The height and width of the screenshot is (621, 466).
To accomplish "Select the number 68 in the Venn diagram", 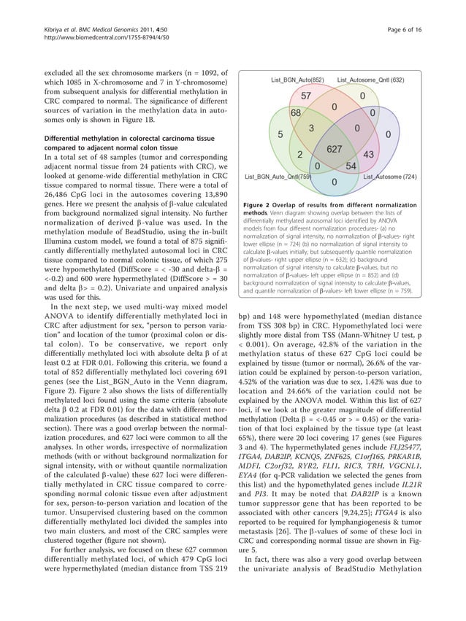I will pyautogui.click(x=296, y=114).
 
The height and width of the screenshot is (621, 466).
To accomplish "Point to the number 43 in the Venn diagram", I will pyautogui.click(x=368, y=154).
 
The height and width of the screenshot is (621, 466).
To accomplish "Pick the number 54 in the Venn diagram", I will pyautogui.click(x=351, y=166).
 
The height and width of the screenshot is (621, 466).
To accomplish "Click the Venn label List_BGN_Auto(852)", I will pyautogui.click(x=297, y=79).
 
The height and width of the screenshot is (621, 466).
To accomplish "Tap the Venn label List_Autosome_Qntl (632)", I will pyautogui.click(x=371, y=79).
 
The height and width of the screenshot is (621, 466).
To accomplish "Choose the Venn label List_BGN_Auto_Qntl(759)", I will pyautogui.click(x=278, y=177).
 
